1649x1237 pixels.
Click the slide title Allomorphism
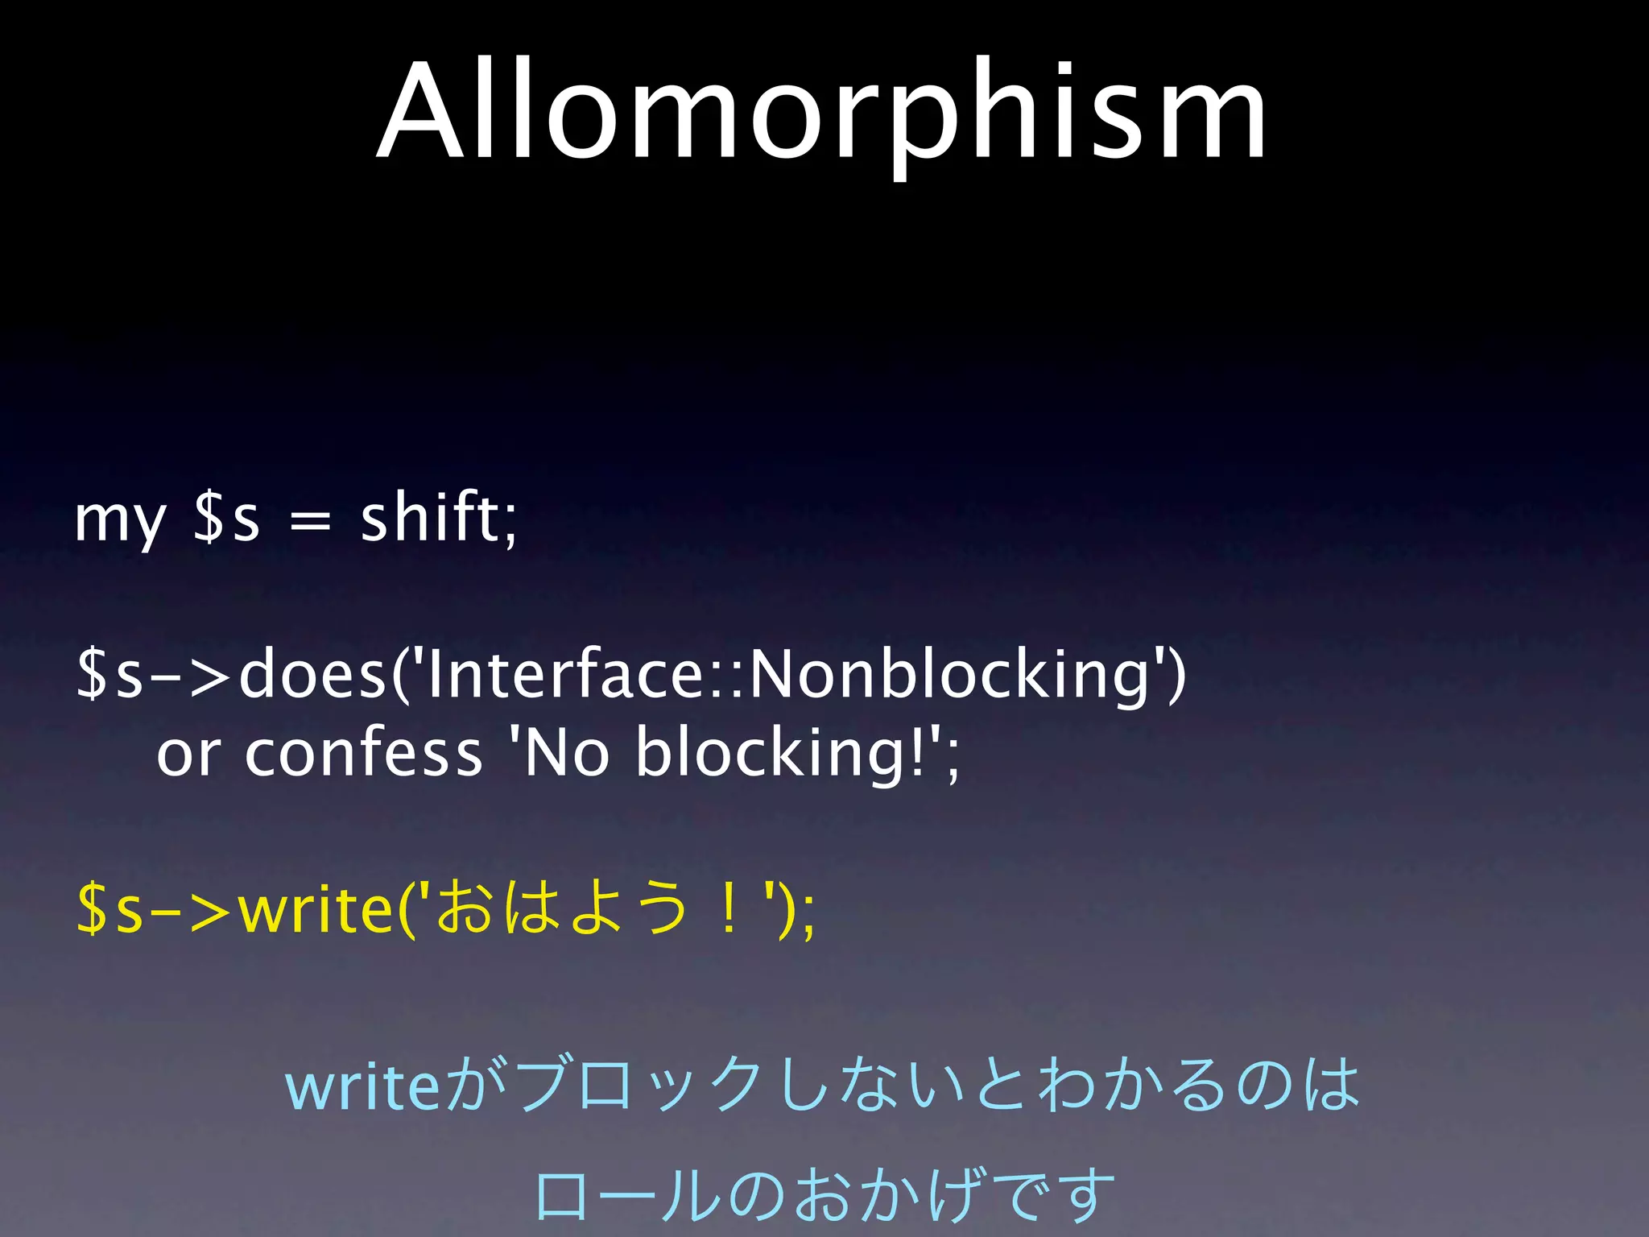[823, 113]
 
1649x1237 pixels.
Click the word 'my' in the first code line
[119, 519]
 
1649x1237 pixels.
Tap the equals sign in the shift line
[310, 522]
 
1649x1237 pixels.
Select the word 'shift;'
[439, 517]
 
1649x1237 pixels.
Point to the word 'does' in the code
[313, 674]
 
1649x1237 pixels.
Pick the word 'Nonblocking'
[950, 674]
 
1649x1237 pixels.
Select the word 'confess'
[363, 753]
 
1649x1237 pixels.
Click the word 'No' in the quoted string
[567, 753]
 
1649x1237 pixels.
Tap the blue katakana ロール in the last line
[628, 1194]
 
